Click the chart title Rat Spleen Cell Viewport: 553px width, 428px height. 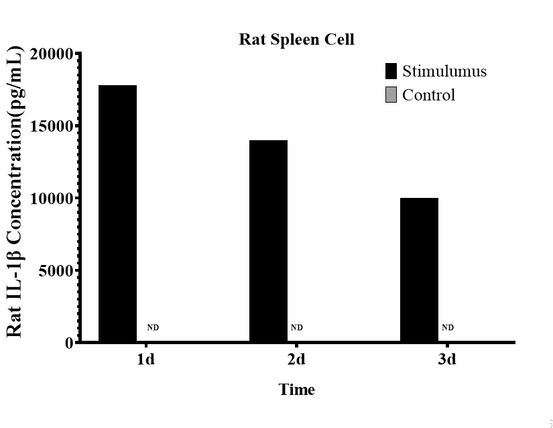[296, 40]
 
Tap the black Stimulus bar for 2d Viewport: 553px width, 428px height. [268, 241]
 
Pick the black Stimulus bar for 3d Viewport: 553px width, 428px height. [419, 270]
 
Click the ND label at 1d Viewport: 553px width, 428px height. [153, 328]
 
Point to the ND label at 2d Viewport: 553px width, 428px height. [297, 328]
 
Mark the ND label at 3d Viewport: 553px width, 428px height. [448, 328]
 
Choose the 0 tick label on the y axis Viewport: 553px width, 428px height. [69, 343]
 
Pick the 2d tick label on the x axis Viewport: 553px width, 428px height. [296, 360]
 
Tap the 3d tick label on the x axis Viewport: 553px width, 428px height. [447, 360]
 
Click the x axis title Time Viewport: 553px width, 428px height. [296, 389]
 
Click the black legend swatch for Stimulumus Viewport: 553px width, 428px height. [391, 71]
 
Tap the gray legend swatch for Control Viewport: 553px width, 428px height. [391, 95]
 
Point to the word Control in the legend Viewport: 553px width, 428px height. [428, 95]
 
